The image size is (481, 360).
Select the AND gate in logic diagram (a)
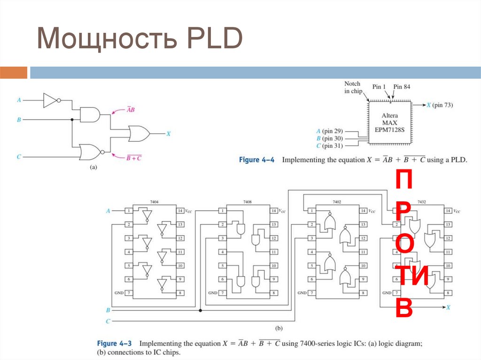90,114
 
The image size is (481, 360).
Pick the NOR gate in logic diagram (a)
90,152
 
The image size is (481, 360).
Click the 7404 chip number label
154,201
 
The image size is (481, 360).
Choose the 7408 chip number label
247,201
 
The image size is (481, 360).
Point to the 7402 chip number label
337,201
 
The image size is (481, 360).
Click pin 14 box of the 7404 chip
180,211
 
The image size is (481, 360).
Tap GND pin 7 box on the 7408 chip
222,293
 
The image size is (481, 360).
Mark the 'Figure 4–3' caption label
115,344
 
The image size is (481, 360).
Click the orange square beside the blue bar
14,73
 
